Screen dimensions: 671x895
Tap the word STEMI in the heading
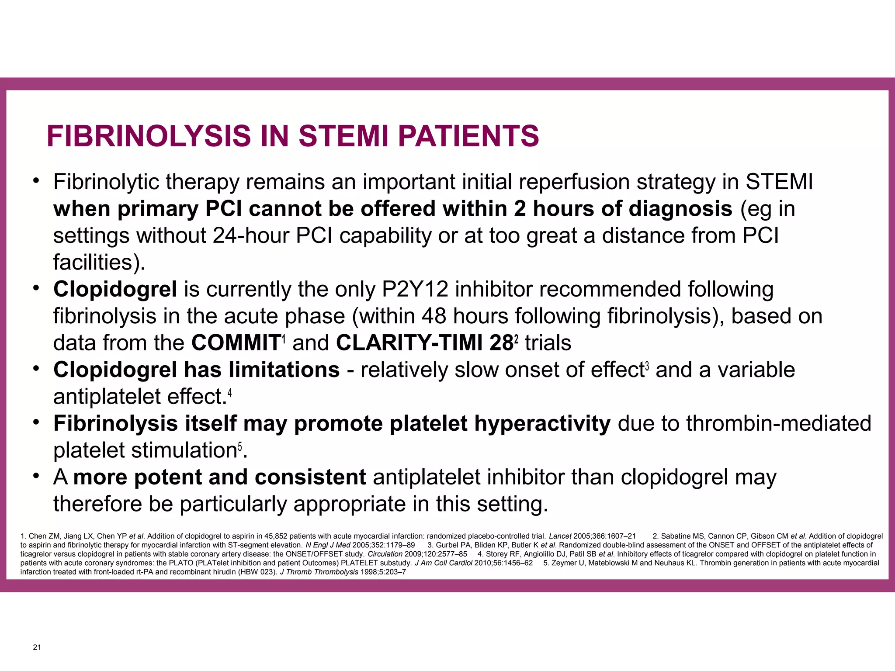pyautogui.click(x=343, y=136)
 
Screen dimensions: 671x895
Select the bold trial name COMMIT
pyautogui.click(x=236, y=343)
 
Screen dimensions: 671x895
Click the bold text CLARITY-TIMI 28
pyautogui.click(x=424, y=343)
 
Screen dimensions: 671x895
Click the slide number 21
pyautogui.click(x=37, y=647)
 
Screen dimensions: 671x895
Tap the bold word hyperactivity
pyautogui.click(x=542, y=423)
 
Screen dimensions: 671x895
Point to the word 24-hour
pyautogui.click(x=250, y=236)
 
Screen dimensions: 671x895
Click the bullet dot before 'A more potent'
pyautogui.click(x=37, y=475)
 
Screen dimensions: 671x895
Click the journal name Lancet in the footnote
pyautogui.click(x=560, y=536)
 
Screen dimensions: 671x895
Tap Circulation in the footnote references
pyautogui.click(x=385, y=554)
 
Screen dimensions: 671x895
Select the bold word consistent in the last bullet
pyautogui.click(x=310, y=477)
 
